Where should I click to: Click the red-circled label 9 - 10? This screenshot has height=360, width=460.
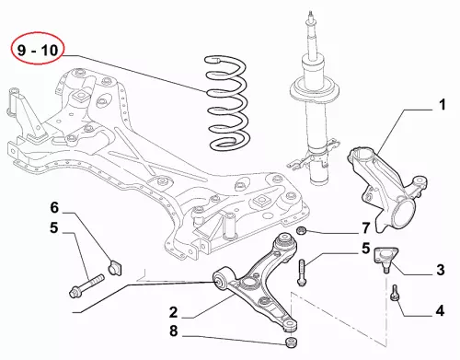(38, 50)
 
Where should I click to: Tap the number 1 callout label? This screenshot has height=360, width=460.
(442, 105)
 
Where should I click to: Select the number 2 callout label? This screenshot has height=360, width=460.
(173, 312)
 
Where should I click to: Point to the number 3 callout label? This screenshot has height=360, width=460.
(441, 271)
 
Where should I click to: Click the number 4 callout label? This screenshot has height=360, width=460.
(440, 311)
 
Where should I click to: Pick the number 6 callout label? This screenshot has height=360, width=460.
(54, 207)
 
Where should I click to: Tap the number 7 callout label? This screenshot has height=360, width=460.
(366, 228)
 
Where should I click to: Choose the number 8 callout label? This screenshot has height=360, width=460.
(174, 331)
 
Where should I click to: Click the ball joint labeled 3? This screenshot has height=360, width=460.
(385, 259)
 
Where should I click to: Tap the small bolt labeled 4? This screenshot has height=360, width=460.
(395, 292)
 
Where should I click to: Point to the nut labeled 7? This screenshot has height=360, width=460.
(302, 230)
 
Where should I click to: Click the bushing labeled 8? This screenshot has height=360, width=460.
(291, 342)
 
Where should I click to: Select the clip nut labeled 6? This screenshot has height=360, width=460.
(115, 267)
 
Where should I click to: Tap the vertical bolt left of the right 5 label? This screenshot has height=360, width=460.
(302, 273)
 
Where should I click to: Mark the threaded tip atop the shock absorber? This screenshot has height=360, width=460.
(311, 16)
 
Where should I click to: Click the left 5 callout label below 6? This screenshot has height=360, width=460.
(54, 227)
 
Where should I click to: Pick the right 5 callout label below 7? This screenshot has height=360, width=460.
(365, 249)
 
